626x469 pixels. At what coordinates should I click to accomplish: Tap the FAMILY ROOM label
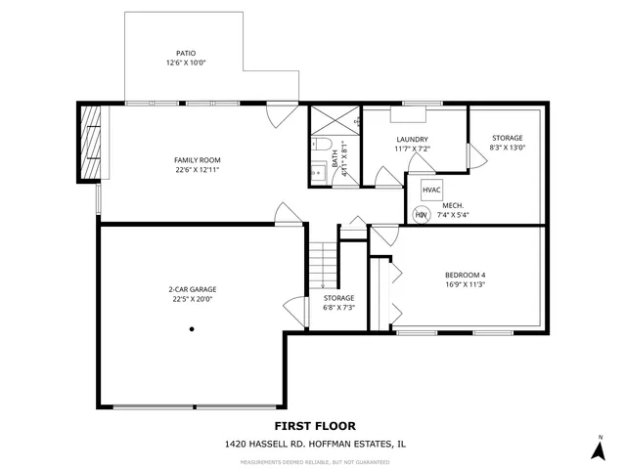pyautogui.click(x=198, y=160)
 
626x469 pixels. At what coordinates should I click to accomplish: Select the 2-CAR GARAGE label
pyautogui.click(x=192, y=289)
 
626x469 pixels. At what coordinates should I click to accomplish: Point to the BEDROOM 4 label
pyautogui.click(x=466, y=275)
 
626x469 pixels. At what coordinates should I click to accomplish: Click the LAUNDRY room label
pyautogui.click(x=412, y=139)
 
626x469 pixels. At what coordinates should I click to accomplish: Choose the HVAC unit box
pyautogui.click(x=432, y=189)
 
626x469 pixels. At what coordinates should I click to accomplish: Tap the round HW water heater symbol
pyautogui.click(x=422, y=215)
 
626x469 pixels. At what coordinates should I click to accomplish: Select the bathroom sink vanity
pyautogui.click(x=319, y=174)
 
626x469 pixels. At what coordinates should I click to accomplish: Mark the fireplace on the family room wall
pyautogui.click(x=89, y=143)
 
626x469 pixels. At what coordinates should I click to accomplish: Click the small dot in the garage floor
pyautogui.click(x=193, y=329)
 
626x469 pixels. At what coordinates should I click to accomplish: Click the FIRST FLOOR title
pyautogui.click(x=315, y=425)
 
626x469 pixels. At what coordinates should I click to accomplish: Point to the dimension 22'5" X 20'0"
pyautogui.click(x=192, y=299)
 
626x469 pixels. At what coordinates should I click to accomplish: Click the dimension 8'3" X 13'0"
pyautogui.click(x=508, y=149)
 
